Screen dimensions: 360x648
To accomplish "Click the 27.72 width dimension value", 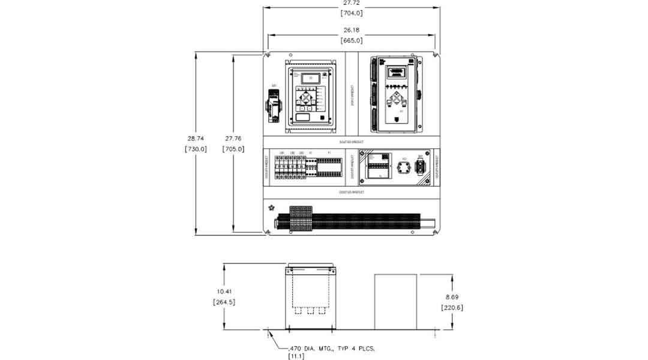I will pyautogui.click(x=352, y=4).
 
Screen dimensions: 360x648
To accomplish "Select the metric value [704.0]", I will pyautogui.click(x=352, y=13).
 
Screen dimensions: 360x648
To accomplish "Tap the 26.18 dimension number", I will pyautogui.click(x=352, y=30).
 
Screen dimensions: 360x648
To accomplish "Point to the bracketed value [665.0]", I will pyautogui.click(x=352, y=41).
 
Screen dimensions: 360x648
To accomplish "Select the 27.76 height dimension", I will pyautogui.click(x=233, y=139).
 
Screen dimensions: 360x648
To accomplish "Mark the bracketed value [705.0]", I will pyautogui.click(x=233, y=149).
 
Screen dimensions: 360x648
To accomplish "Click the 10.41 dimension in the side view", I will pyautogui.click(x=224, y=292).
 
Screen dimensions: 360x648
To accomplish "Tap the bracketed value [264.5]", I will pyautogui.click(x=224, y=302).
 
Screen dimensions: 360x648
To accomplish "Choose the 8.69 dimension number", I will pyautogui.click(x=452, y=297).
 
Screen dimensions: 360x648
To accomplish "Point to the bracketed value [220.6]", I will pyautogui.click(x=452, y=307).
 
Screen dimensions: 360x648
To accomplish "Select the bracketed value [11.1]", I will pyautogui.click(x=297, y=356).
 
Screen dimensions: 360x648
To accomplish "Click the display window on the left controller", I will pyautogui.click(x=310, y=78).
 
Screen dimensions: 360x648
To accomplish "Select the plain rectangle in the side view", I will pyautogui.click(x=396, y=302).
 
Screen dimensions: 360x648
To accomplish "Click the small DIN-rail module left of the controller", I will pyautogui.click(x=275, y=108).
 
